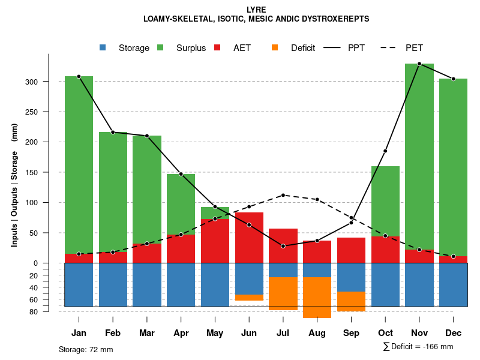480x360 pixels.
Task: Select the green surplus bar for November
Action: click(419, 156)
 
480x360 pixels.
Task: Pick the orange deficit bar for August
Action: click(317, 297)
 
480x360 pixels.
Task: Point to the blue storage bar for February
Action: click(113, 284)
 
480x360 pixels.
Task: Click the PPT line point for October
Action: click(385, 151)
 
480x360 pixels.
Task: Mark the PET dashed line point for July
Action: click(283, 195)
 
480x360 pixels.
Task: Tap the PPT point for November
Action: click(419, 64)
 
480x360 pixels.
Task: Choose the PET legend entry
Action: click(414, 48)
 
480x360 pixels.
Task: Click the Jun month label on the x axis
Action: click(249, 332)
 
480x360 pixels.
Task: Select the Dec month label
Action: click(453, 332)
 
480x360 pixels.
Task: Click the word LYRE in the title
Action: click(256, 10)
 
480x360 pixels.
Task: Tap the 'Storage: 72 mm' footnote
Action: click(86, 349)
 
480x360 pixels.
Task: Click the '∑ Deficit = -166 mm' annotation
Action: click(418, 346)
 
